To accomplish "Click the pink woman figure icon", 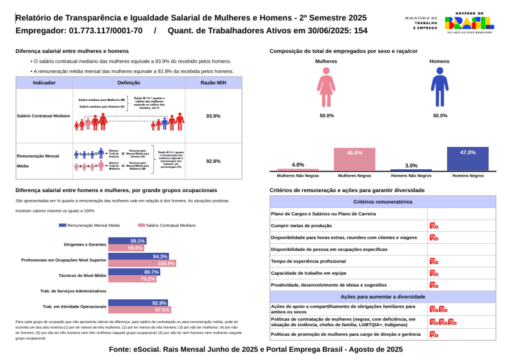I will pos(326,87).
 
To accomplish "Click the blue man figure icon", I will pos(439,87).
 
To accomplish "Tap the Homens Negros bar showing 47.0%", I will pos(468,159).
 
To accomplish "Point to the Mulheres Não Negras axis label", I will pos(298,175).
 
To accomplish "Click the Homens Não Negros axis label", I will pos(411,175).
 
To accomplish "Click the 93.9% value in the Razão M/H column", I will pos(213,116).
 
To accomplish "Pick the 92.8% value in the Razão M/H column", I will pos(213,161).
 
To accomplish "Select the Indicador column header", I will pos(44,83).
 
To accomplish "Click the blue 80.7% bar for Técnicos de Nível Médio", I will pos(134,272).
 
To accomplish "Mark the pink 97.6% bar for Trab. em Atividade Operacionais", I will pos(140,310).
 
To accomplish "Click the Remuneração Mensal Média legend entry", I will pos(89,225).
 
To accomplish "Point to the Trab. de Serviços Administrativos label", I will pos(74,291).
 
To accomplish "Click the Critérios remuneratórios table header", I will pos(383,202).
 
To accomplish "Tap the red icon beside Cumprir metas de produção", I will pos(434,225).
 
